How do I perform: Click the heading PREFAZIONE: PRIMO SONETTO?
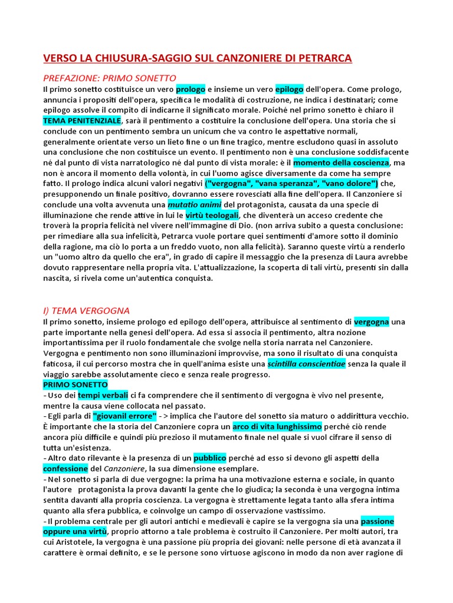click(x=110, y=78)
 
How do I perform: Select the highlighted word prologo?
click(x=190, y=89)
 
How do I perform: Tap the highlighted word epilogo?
click(x=289, y=89)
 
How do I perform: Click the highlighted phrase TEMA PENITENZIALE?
click(x=81, y=120)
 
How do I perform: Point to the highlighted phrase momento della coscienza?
click(x=341, y=163)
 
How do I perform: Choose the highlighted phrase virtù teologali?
click(x=212, y=216)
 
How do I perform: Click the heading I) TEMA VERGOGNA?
click(x=86, y=310)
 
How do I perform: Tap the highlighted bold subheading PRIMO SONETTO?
click(x=75, y=385)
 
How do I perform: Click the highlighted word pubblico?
click(x=210, y=458)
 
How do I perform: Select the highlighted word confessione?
click(x=65, y=469)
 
